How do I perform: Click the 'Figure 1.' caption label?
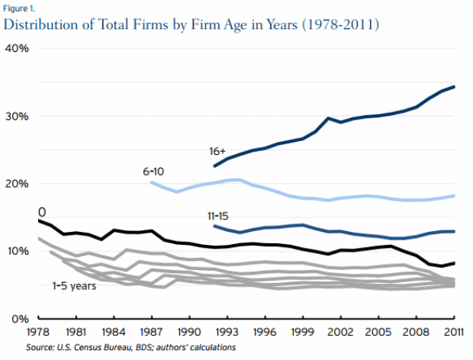(19, 9)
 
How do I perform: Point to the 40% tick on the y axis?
(18, 48)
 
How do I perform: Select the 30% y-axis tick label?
(18, 116)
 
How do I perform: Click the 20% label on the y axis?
(18, 183)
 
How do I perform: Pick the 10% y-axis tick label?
(18, 251)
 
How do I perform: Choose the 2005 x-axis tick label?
(381, 333)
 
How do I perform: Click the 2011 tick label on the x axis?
(455, 333)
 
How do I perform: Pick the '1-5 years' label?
(74, 285)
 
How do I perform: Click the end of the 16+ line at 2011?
(455, 87)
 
